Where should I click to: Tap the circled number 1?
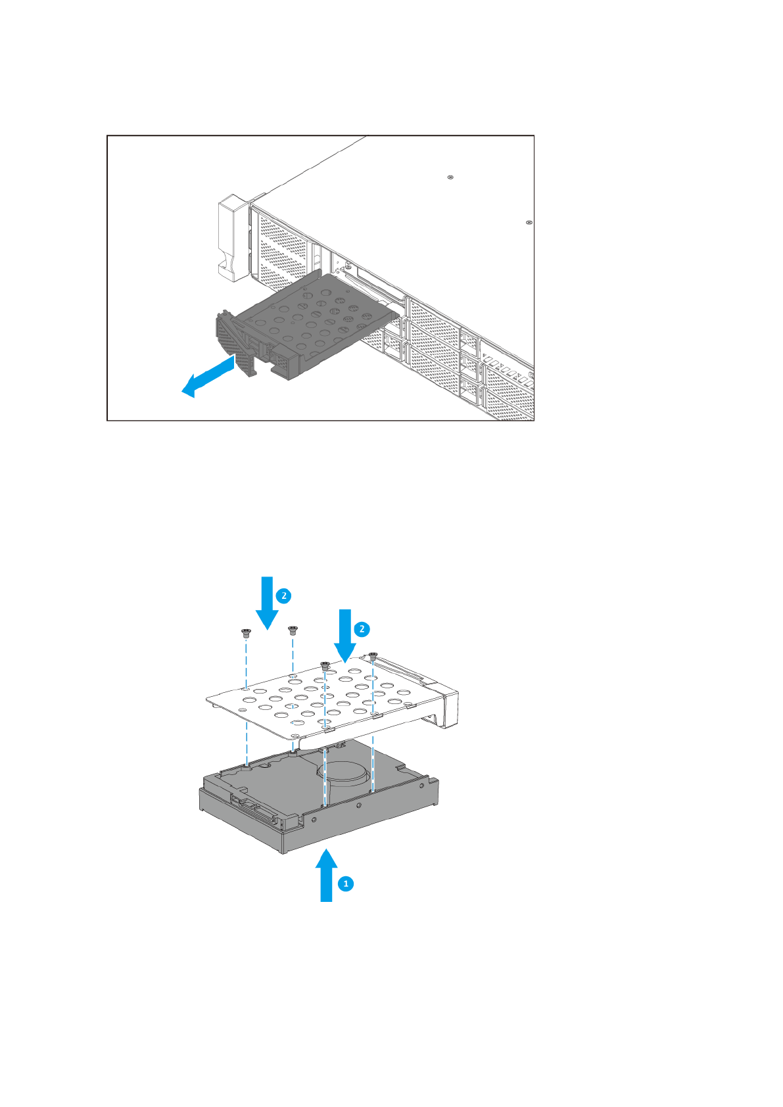346,883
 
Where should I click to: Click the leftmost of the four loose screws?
246,634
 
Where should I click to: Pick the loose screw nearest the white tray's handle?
373,657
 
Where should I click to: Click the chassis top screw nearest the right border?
529,223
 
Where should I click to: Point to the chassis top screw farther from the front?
450,177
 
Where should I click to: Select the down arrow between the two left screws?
267,601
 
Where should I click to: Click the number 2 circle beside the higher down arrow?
284,596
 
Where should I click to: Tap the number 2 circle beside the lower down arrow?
362,629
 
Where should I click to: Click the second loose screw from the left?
293,630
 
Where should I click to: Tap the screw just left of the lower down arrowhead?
324,665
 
